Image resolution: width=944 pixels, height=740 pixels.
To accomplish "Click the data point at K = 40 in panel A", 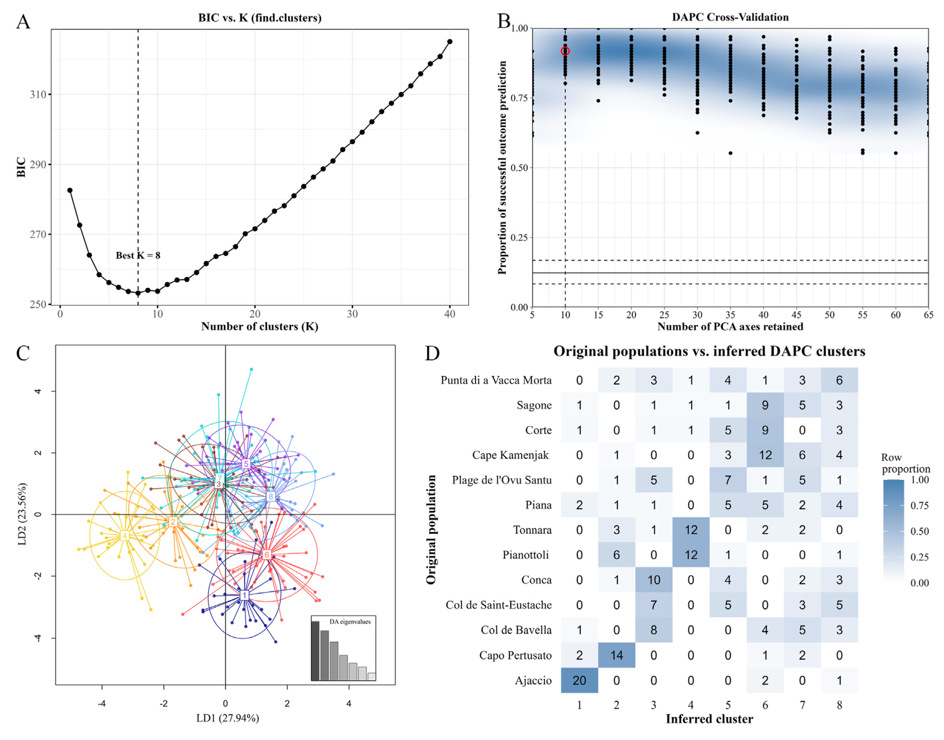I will click(450, 42).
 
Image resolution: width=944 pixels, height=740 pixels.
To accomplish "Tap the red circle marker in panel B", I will click(565, 51).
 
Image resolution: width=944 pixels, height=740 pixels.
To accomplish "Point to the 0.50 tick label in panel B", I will click(519, 168).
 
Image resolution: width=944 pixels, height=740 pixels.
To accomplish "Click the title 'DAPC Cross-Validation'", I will click(730, 17).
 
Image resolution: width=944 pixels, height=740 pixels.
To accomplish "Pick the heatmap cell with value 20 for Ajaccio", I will click(579, 680).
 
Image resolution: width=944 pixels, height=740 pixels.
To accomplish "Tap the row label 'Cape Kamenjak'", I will click(510, 455).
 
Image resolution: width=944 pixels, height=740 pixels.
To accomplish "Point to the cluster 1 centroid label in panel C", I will click(244, 595).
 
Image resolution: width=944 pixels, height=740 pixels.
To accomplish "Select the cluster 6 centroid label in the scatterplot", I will click(267, 555).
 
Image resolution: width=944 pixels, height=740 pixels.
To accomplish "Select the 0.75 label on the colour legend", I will click(919, 506).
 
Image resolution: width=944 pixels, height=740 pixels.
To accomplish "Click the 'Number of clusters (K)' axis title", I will click(260, 326).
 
